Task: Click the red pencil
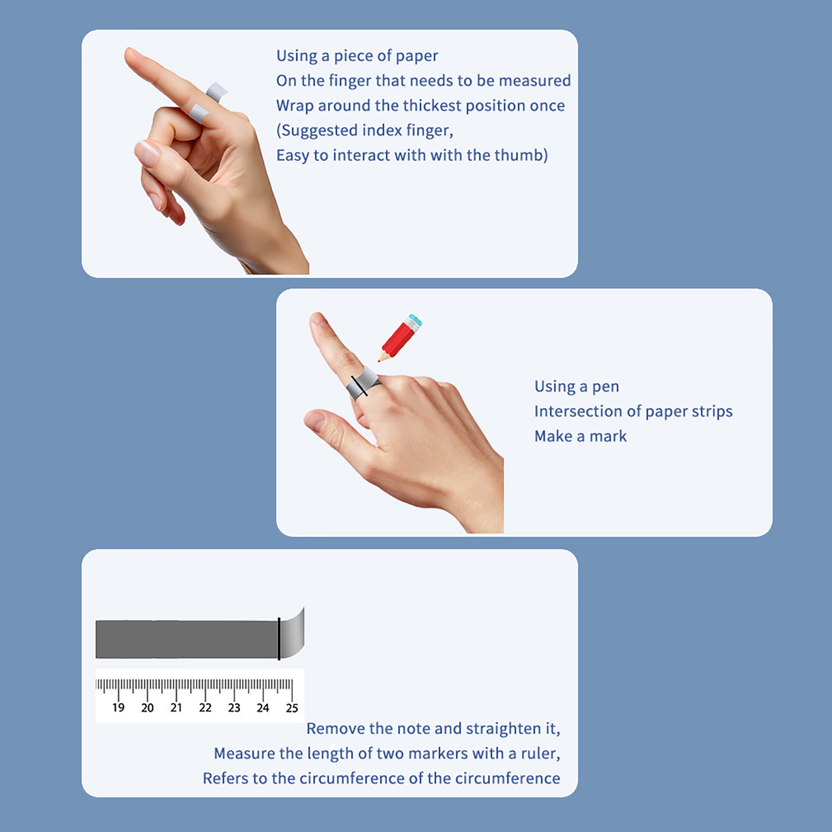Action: point(400,337)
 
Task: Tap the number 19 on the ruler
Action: point(119,708)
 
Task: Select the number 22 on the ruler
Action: point(205,708)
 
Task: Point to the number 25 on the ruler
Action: point(292,708)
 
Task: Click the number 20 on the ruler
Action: point(147,708)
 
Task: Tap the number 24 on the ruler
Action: point(263,708)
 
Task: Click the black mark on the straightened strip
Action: point(279,639)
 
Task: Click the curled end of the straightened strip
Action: point(293,633)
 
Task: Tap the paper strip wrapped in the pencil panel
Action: point(363,384)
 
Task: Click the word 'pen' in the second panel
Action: point(606,387)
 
